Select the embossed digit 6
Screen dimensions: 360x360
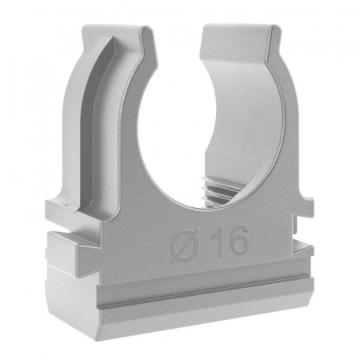pos(238,239)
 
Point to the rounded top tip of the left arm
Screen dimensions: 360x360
pos(147,29)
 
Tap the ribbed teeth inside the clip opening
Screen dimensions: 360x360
pos(218,191)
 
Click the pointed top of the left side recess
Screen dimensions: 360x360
pos(111,38)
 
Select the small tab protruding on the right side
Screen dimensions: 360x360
pos(305,205)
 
